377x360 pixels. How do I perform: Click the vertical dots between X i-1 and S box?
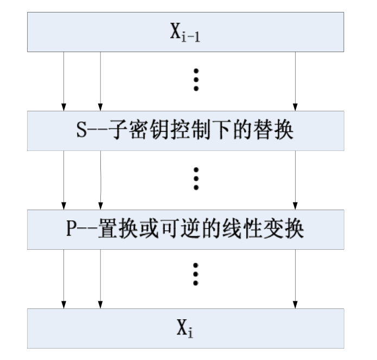196,80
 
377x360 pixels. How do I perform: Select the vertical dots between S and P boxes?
196,179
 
